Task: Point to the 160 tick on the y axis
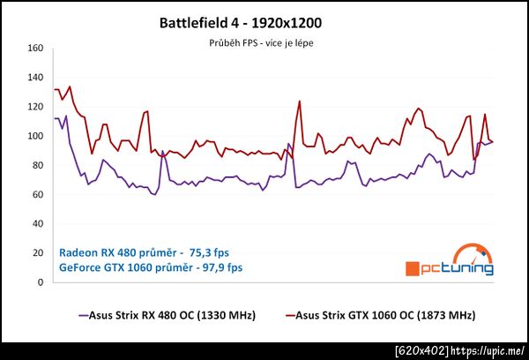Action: [x=35, y=49]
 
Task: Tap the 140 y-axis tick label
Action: [x=35, y=78]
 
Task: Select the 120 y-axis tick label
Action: [x=35, y=107]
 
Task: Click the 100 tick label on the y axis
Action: [x=35, y=136]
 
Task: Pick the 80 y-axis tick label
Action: [x=38, y=165]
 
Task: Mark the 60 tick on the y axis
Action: [x=38, y=195]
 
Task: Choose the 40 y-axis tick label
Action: [x=38, y=224]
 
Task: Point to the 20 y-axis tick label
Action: [x=38, y=253]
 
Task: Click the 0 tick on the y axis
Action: [x=41, y=282]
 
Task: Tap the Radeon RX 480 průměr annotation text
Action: [x=149, y=250]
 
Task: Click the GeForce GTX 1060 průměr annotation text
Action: [x=150, y=265]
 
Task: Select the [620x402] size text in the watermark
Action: [x=421, y=351]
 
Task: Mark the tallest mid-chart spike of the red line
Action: [x=299, y=101]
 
